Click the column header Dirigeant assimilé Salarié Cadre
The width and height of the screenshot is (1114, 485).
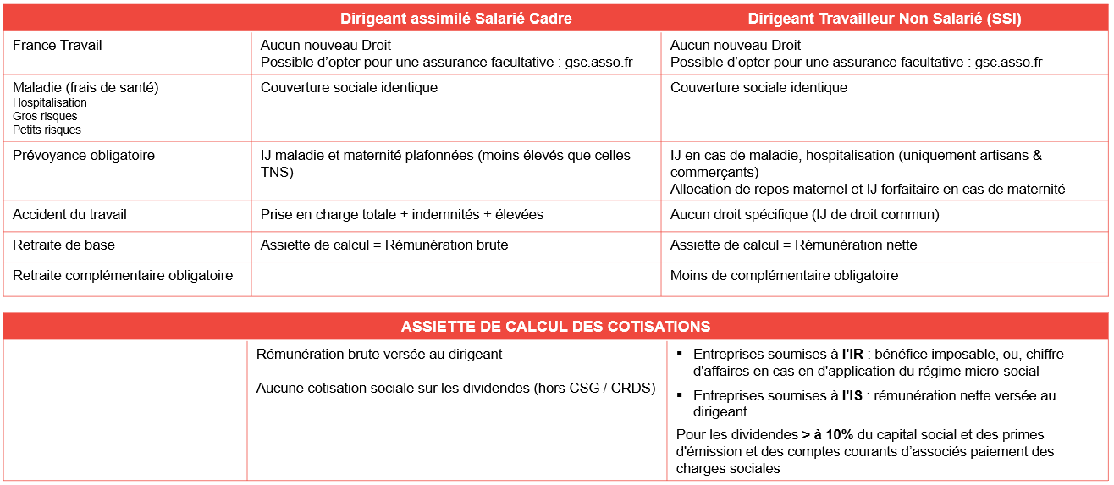455,19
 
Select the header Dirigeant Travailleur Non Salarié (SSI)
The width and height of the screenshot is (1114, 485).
884,19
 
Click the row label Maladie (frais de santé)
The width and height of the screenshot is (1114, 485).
85,87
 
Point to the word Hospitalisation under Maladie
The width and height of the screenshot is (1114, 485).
50,102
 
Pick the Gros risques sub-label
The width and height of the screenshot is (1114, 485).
45,116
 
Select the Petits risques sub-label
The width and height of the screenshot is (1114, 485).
47,130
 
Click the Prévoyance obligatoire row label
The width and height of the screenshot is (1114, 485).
84,155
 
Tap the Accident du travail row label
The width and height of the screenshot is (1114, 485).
69,214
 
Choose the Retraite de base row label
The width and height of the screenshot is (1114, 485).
63,245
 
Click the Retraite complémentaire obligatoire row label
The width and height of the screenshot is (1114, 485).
123,275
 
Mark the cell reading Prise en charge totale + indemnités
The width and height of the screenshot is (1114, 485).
402,214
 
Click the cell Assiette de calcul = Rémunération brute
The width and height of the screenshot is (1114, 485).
384,245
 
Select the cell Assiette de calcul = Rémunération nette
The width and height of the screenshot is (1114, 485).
793,245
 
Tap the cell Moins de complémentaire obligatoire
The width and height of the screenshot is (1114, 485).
784,275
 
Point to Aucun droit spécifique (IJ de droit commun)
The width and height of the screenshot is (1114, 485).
804,214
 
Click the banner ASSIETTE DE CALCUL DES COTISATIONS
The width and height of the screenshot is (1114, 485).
555,326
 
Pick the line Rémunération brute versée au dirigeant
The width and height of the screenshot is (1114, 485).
379,354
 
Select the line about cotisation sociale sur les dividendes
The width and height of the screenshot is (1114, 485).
455,388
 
